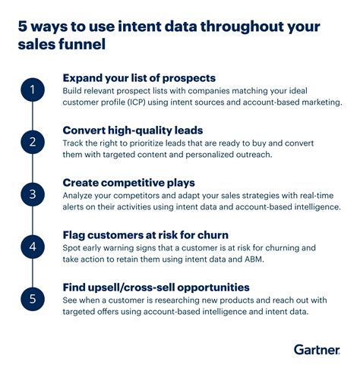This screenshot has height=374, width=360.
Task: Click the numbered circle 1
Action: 31,92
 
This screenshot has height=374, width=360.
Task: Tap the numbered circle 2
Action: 31,142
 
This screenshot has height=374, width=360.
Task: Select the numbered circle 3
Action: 31,193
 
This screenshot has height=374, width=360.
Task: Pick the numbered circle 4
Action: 31,246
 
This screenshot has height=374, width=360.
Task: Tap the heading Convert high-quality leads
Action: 133,129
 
